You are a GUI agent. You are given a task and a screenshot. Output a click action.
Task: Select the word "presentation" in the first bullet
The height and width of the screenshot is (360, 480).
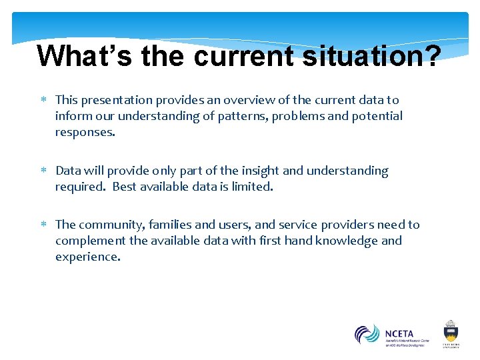(x=117, y=100)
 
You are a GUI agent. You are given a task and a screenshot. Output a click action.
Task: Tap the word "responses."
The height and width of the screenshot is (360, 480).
(x=85, y=132)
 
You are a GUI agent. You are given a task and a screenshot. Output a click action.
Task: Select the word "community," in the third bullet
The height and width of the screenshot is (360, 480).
(x=110, y=225)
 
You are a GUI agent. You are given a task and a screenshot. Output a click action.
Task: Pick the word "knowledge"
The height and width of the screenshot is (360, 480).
(x=340, y=241)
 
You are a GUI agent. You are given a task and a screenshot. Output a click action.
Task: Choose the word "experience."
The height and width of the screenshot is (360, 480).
(x=88, y=257)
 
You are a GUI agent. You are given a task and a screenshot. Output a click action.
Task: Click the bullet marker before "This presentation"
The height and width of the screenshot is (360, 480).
(x=44, y=100)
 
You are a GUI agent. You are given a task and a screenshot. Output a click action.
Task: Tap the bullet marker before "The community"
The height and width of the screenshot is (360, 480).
(x=44, y=225)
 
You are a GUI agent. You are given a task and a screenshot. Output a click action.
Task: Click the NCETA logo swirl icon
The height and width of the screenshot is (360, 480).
(x=367, y=334)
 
